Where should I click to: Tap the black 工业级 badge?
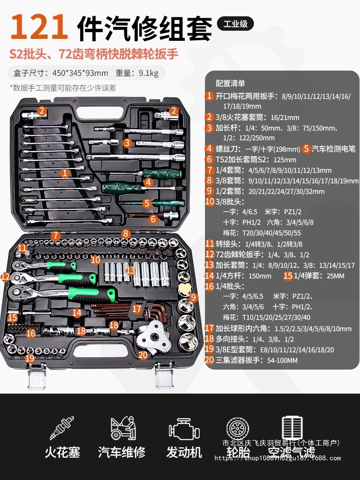tap(235, 24)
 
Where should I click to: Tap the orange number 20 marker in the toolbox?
tap(143, 355)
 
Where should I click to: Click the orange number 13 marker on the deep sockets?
tap(130, 271)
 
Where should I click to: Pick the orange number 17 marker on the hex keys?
tap(137, 309)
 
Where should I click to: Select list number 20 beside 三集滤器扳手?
tap(209, 360)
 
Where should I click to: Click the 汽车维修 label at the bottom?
tap(122, 452)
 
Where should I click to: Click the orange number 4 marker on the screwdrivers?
tap(148, 182)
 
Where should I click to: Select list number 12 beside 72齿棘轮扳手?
tap(209, 254)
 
